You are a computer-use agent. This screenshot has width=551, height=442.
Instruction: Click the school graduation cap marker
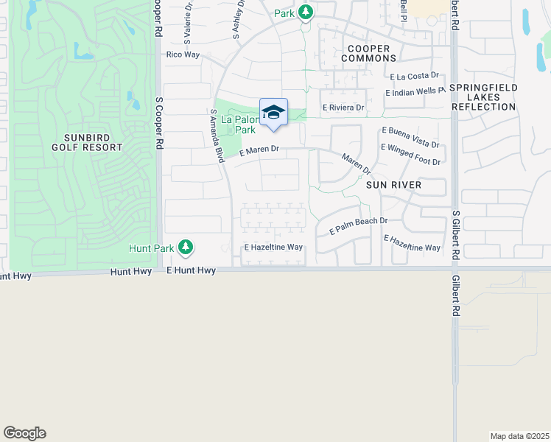pos(273,113)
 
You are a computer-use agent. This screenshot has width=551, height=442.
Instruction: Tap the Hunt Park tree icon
pos(187,248)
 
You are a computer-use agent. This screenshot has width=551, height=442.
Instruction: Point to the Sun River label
pos(394,185)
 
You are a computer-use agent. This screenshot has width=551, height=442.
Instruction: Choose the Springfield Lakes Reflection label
pos(483,97)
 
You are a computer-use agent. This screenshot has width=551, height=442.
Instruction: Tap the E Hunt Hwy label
pos(191,271)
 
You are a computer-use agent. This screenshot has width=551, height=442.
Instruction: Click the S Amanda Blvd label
pos(217,136)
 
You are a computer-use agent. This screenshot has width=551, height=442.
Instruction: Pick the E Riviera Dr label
pos(343,108)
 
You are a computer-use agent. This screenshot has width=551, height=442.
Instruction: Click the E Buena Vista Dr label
pos(410,136)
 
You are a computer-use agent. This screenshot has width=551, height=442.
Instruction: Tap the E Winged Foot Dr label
pos(410,155)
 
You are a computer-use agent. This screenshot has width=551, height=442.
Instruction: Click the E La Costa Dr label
pos(414,76)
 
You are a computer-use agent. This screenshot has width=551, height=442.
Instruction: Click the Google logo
pos(24,433)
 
